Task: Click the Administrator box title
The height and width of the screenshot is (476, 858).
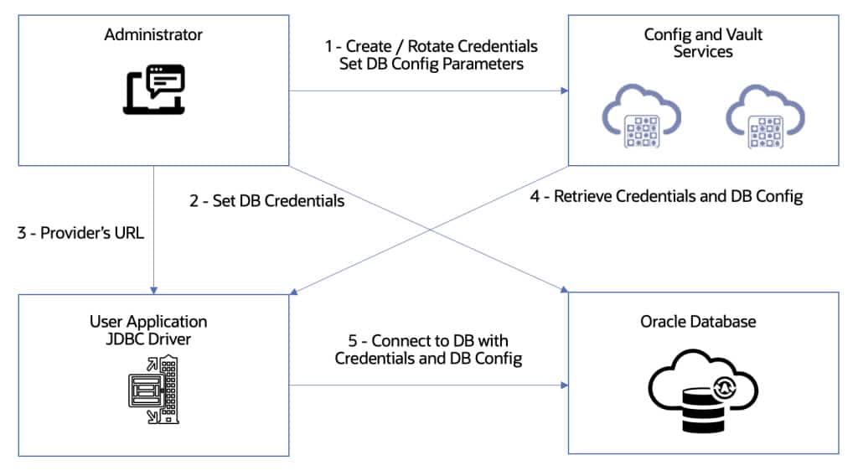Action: [x=153, y=35]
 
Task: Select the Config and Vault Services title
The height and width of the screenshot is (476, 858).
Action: [x=688, y=43]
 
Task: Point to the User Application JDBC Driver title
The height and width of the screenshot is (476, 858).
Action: [x=148, y=329]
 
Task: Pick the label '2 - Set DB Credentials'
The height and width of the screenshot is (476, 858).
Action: [x=267, y=201]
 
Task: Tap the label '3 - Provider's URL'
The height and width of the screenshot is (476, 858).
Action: [x=80, y=233]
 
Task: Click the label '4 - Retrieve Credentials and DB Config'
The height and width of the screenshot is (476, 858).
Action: [x=667, y=197]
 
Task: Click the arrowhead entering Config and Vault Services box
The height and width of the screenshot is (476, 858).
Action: [x=564, y=91]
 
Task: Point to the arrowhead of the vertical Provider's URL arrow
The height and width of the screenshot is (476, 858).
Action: [x=153, y=288]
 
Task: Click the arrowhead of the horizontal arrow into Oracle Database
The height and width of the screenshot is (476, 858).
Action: [x=564, y=385]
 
